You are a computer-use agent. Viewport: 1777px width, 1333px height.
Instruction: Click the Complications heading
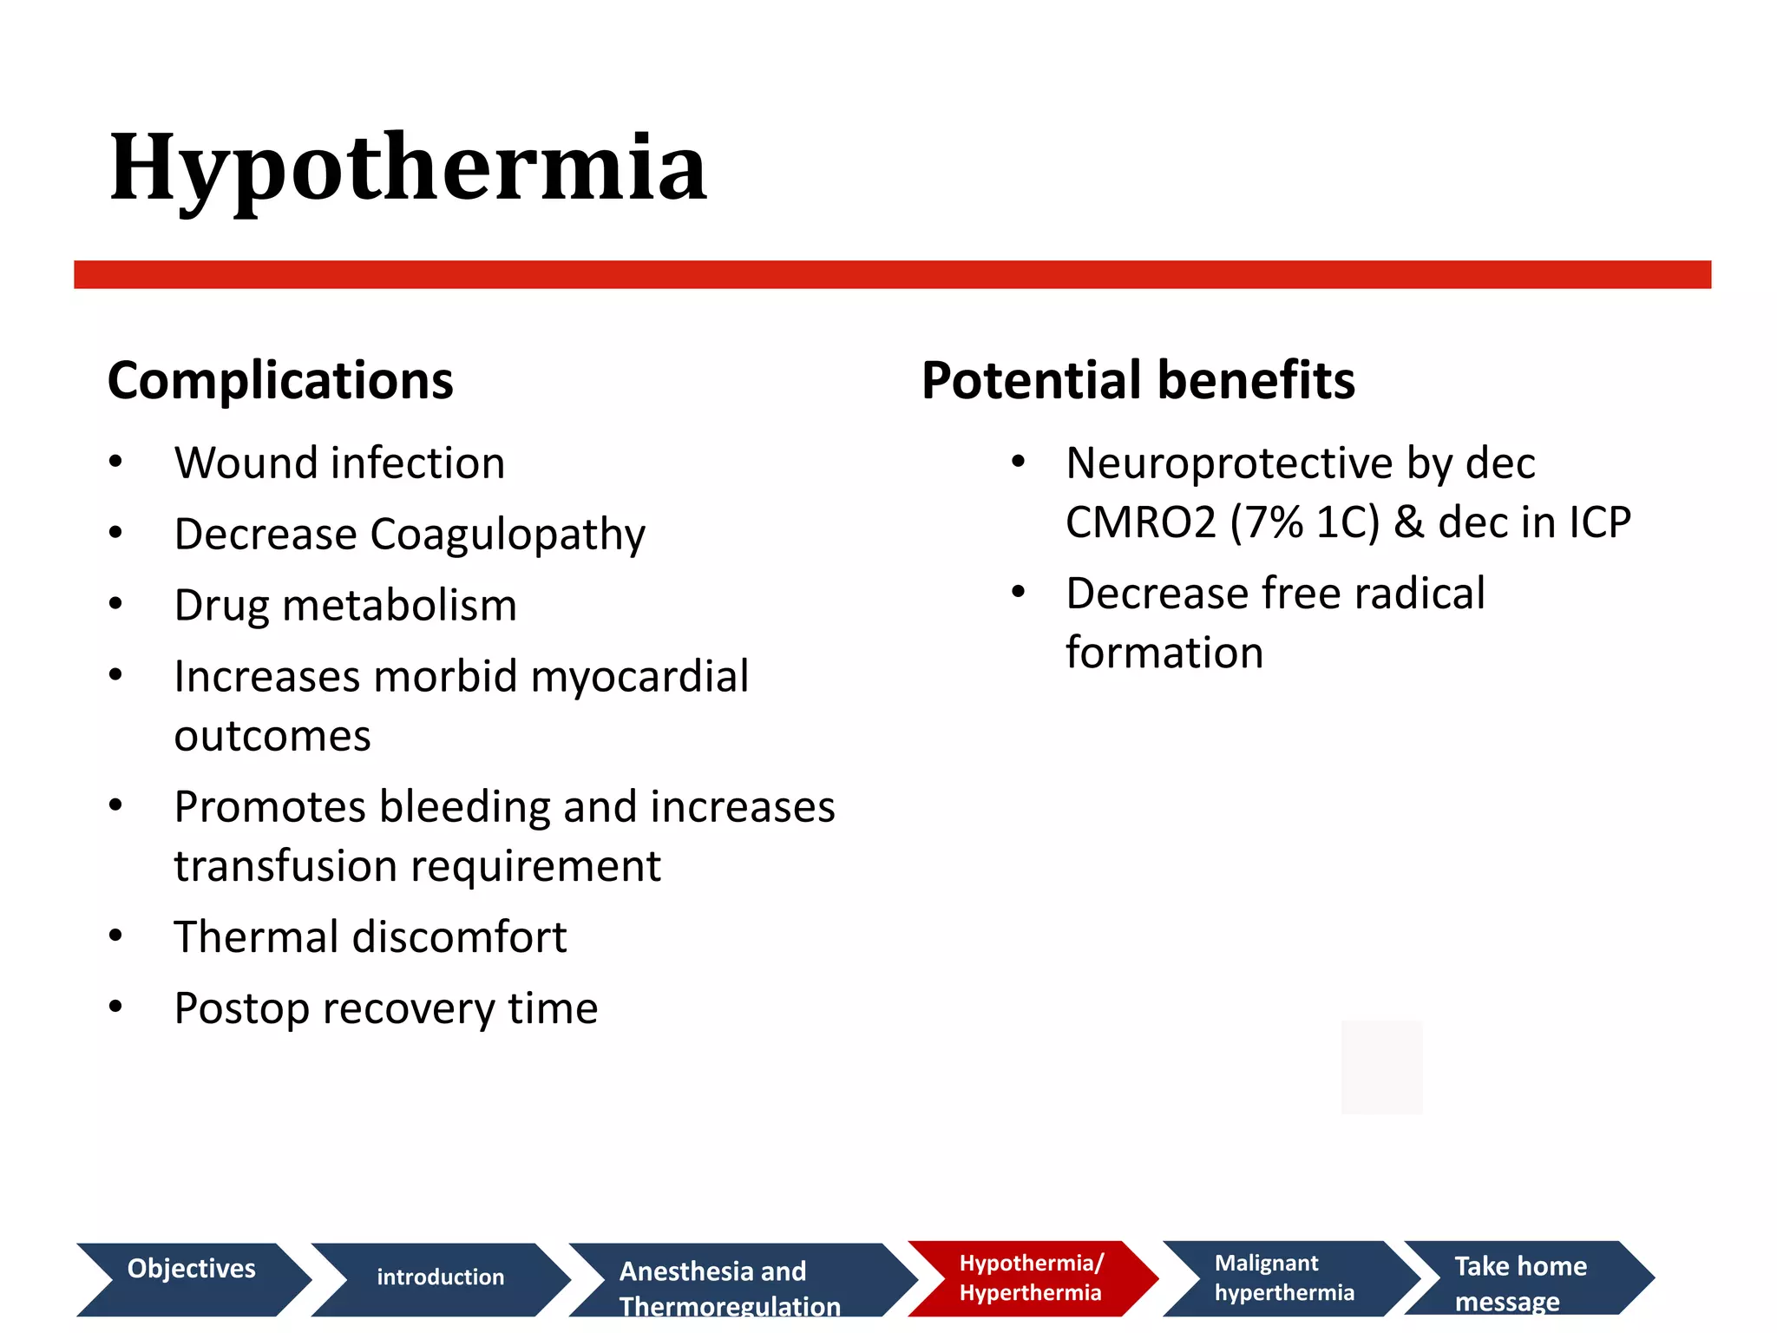tap(280, 381)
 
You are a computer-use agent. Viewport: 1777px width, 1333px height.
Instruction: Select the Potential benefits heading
tap(1138, 381)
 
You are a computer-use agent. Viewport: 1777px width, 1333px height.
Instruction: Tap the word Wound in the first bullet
tap(231, 463)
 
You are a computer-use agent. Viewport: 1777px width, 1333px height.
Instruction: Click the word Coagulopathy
tap(508, 535)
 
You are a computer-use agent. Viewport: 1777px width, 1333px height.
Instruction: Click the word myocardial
tap(639, 676)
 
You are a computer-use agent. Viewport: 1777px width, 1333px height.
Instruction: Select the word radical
tap(1420, 594)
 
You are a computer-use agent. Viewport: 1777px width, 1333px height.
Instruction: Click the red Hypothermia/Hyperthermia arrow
tap(1031, 1278)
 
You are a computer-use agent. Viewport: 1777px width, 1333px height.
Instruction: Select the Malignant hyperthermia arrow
tap(1284, 1278)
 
